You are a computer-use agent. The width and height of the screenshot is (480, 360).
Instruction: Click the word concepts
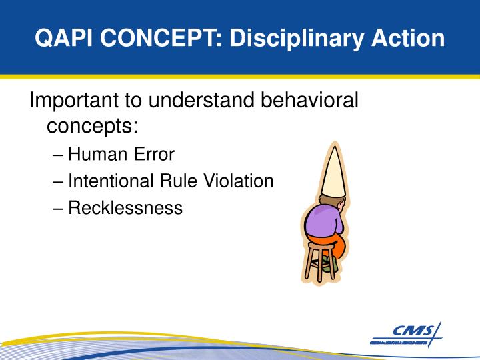[92, 125]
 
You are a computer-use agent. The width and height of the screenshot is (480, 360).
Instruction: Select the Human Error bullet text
[121, 155]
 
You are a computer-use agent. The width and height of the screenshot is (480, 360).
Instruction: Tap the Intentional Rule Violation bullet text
[171, 181]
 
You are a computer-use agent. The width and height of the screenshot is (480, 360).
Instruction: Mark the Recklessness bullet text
[125, 207]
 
